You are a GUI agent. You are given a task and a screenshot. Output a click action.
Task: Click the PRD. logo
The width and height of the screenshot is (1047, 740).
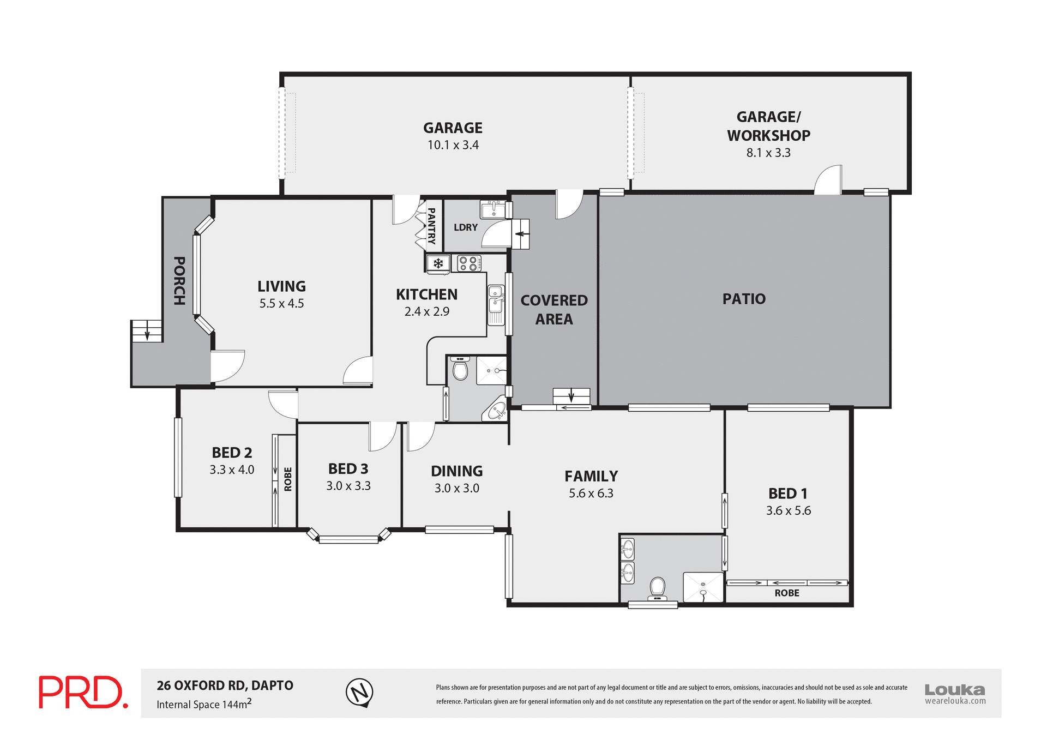point(83,692)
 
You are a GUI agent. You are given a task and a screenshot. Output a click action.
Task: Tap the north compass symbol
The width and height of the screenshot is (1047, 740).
point(359,693)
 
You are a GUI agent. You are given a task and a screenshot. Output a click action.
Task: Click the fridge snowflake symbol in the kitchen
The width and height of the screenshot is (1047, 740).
point(438,264)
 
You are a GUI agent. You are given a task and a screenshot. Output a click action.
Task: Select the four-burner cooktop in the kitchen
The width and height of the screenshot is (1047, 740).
point(468,263)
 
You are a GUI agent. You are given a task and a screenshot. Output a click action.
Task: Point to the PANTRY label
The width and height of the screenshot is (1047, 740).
point(431,226)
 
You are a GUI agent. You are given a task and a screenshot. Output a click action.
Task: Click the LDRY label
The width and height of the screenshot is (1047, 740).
point(465,227)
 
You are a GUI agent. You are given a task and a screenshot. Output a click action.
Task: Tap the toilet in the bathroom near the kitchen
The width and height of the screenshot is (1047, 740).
point(460,369)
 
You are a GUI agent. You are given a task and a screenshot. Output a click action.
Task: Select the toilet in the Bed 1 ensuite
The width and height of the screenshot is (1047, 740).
point(657,588)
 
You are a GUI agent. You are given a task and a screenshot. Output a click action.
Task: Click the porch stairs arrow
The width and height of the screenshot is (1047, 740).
point(147,331)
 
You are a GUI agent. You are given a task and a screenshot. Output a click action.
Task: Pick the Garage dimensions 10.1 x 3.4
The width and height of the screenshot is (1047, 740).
point(453,145)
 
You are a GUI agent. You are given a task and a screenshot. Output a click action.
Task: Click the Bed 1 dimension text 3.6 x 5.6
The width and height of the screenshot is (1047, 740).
point(788,510)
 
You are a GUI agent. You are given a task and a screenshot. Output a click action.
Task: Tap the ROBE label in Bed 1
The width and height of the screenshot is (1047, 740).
point(786,593)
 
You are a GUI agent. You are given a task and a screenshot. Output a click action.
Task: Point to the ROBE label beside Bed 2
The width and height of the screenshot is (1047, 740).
point(288,479)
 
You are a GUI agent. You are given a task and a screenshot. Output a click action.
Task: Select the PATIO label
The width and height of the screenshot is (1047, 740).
point(744,299)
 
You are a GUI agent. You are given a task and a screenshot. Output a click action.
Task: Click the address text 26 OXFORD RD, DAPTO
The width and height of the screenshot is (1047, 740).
point(225,685)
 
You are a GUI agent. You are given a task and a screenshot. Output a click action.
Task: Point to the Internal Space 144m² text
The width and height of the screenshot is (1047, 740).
point(204,704)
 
